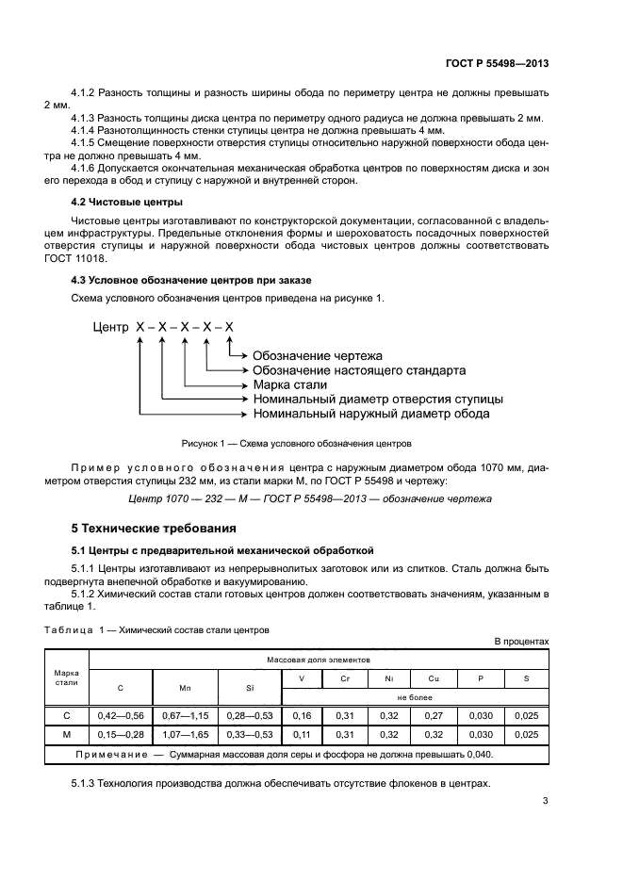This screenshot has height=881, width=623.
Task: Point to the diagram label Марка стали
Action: (289, 384)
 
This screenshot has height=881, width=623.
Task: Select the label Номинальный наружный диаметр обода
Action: (370, 414)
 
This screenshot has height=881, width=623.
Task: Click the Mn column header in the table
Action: (185, 687)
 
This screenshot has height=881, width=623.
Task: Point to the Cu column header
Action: (434, 677)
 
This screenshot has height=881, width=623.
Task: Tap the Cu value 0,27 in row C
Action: (434, 716)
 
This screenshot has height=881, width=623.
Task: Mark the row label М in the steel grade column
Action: (66, 734)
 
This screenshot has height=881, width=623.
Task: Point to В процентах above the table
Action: (521, 642)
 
